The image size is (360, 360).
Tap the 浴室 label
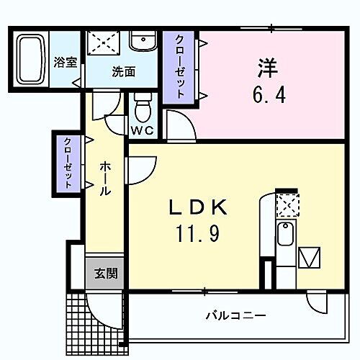pos(66,63)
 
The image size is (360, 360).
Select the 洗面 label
pos(123,71)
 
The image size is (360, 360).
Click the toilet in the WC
pos(142,109)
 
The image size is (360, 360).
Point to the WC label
pos(142,130)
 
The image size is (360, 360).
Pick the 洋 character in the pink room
pos(267,68)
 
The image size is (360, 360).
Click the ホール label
pos(105,180)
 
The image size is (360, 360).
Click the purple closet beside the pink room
pos(178,67)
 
